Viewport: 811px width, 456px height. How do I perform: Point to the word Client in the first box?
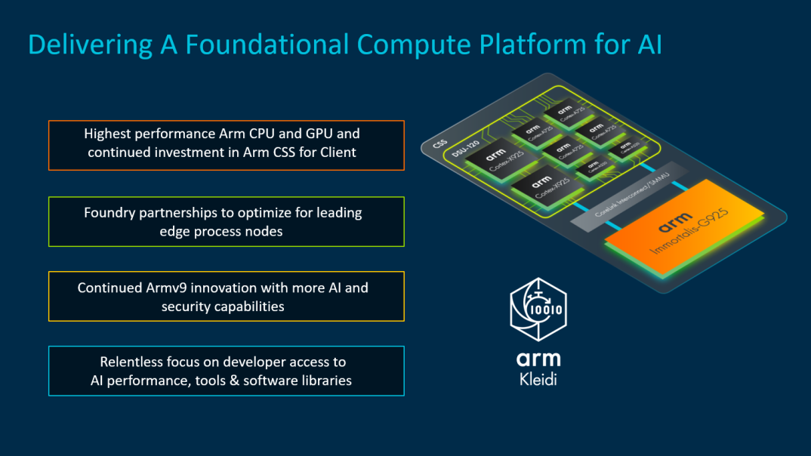[x=336, y=152]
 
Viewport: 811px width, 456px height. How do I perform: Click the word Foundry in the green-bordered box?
[x=109, y=213]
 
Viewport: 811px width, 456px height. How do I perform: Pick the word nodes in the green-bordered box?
[x=264, y=231]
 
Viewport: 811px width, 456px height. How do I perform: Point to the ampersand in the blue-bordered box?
[x=241, y=381]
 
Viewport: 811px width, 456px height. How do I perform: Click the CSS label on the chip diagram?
[x=440, y=143]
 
